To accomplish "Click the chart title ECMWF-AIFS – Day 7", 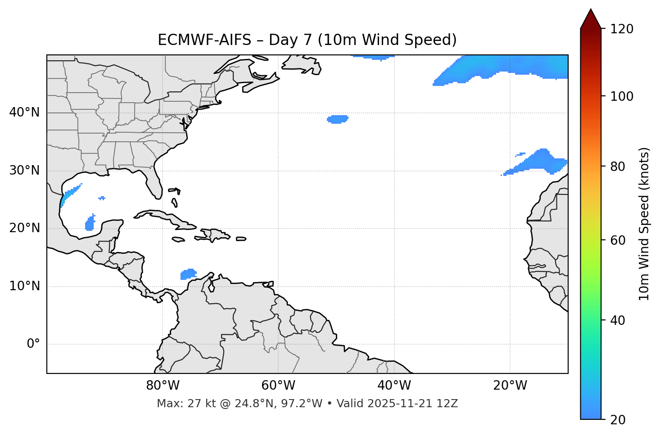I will pos(307,40).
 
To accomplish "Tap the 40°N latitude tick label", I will pos(24,112).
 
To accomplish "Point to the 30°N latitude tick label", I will pos(24,171).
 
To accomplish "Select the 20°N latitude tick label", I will pos(24,228).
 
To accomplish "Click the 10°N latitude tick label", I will pos(24,286).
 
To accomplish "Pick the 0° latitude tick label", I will pos(33,344).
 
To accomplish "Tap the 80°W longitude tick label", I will pos(163,386).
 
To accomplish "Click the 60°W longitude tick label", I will pos(278,386).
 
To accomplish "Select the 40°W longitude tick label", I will pos(394,386).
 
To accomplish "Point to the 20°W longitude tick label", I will pos(510,386).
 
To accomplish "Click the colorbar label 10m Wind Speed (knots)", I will pos(644,224).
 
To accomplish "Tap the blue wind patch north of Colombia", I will pos(189,274).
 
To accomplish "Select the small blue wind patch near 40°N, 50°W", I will pos(337,119).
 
